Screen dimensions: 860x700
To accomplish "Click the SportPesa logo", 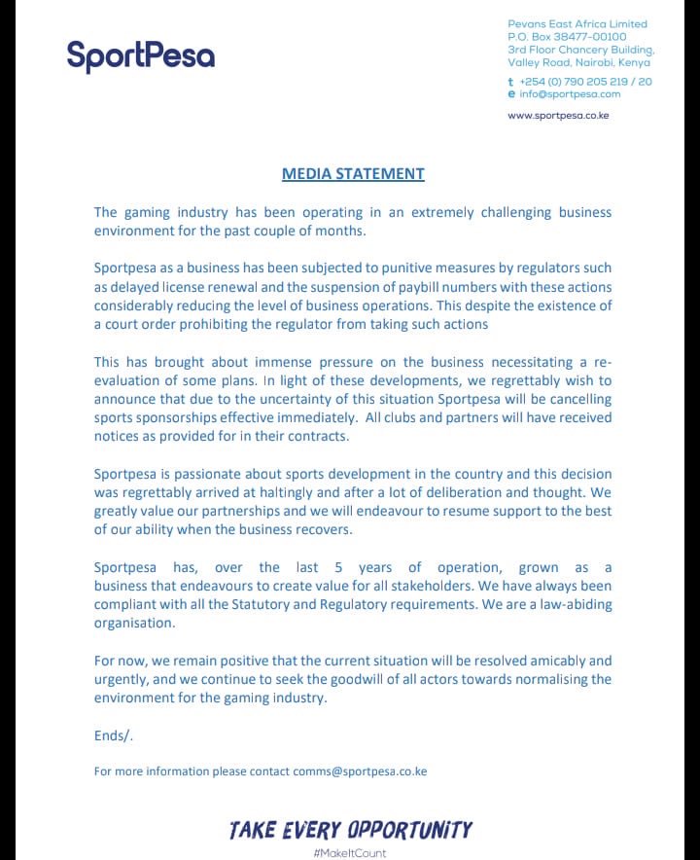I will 141,55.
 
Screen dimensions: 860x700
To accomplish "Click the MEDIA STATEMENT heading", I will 353,174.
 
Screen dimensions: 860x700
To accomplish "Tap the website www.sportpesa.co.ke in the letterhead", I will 558,116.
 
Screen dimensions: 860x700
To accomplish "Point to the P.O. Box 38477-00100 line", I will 567,37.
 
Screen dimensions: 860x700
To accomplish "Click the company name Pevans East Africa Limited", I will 577,24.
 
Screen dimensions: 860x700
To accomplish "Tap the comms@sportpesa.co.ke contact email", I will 360,771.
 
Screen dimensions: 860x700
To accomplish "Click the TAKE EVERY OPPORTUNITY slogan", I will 351,830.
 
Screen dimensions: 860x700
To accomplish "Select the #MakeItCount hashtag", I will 350,853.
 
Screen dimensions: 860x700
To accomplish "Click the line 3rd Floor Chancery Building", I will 580,50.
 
